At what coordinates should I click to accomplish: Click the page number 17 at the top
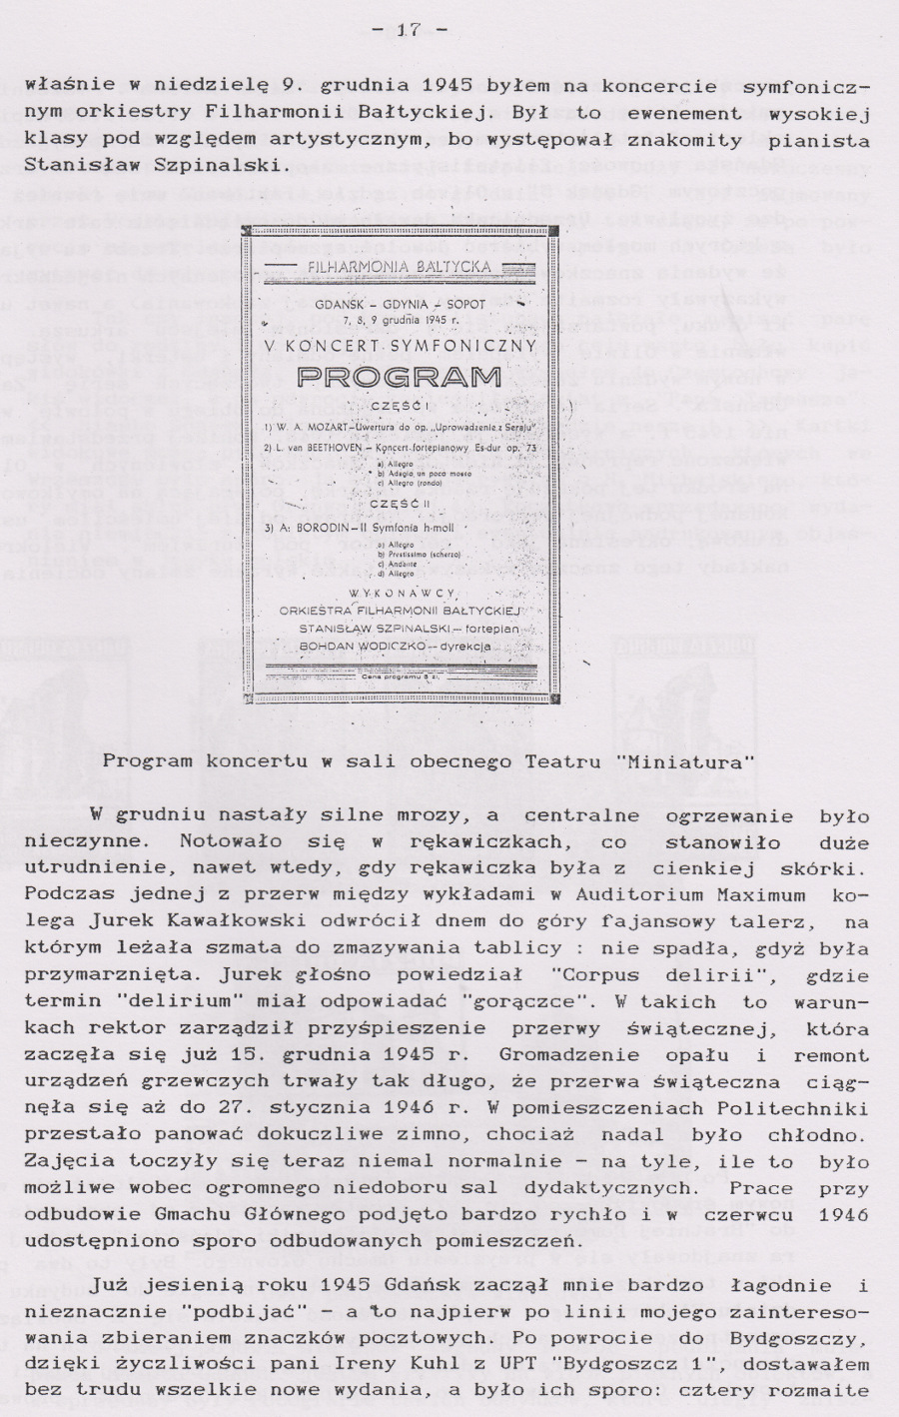tap(408, 29)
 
